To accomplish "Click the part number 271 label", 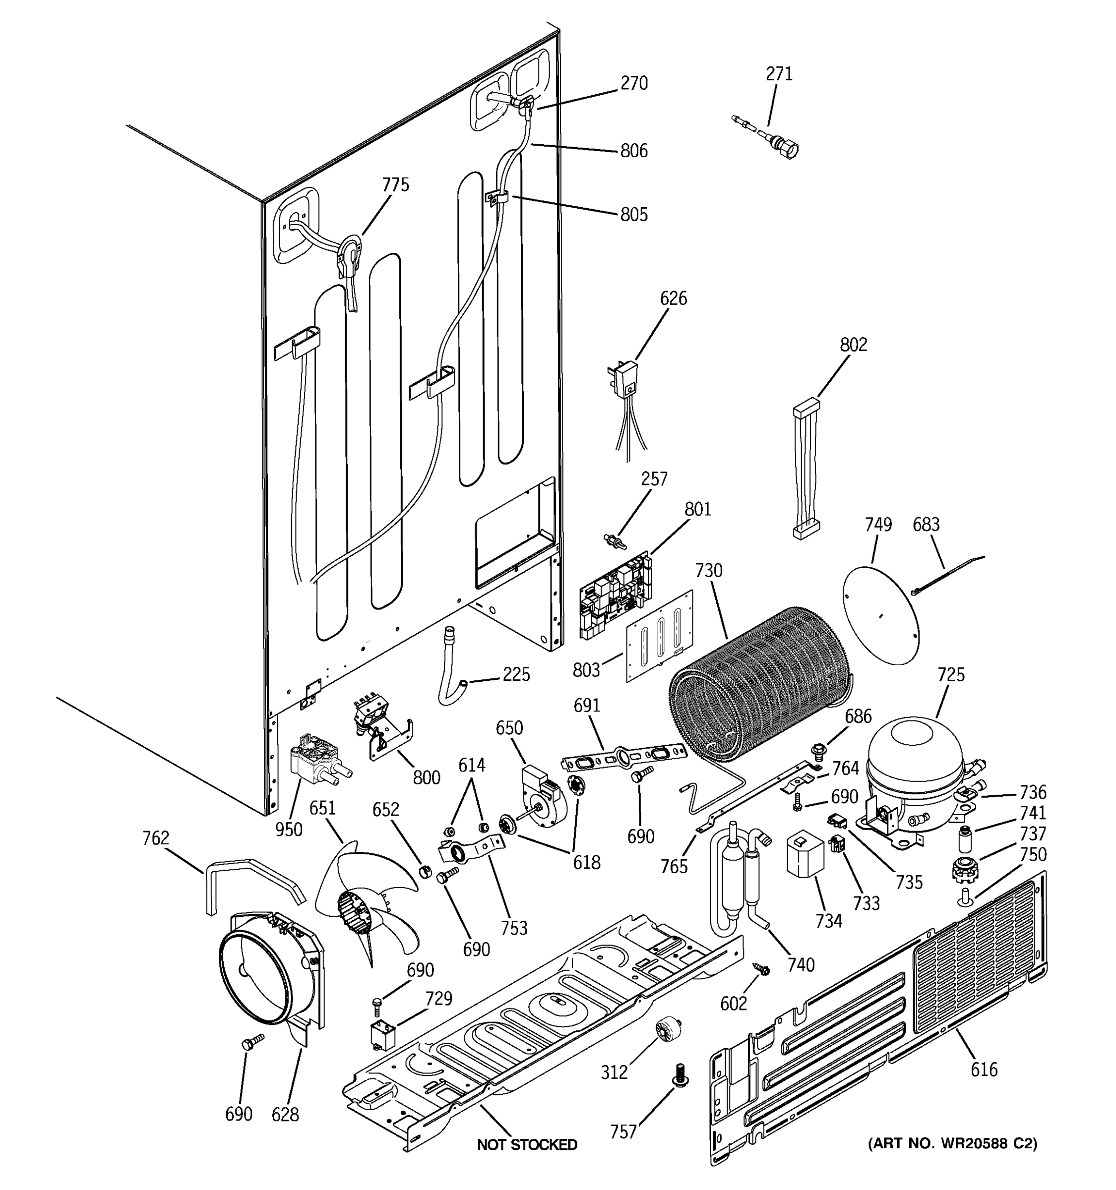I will click(x=779, y=73).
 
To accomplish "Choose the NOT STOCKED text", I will click(x=527, y=1144).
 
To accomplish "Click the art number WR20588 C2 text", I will click(x=952, y=1143).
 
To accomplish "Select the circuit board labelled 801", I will click(x=614, y=595).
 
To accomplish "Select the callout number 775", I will click(x=396, y=185).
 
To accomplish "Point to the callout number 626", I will click(x=674, y=298).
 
